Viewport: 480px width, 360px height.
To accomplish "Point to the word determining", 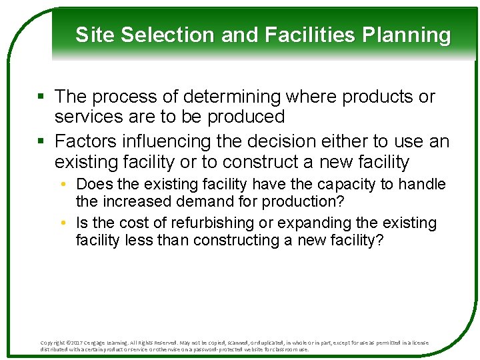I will tap(217, 97).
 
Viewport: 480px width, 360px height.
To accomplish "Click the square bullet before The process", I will tap(41, 97).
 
